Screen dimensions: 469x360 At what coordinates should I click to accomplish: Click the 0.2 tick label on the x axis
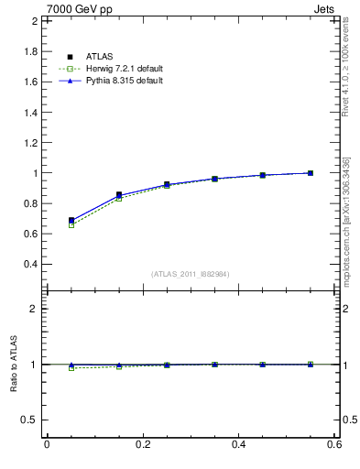click(142, 444)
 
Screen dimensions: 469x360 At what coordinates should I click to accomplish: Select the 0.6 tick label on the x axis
click(334, 444)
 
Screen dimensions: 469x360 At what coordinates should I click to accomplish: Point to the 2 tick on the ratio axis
click(33, 309)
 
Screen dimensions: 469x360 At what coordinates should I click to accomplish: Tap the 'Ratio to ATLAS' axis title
click(14, 365)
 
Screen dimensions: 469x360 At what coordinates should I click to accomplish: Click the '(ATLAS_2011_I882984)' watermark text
click(191, 274)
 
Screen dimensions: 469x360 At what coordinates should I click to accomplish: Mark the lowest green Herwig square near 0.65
click(71, 224)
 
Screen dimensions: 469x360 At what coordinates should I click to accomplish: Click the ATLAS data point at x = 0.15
click(119, 194)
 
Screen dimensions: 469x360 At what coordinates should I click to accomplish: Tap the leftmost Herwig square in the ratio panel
click(71, 368)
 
